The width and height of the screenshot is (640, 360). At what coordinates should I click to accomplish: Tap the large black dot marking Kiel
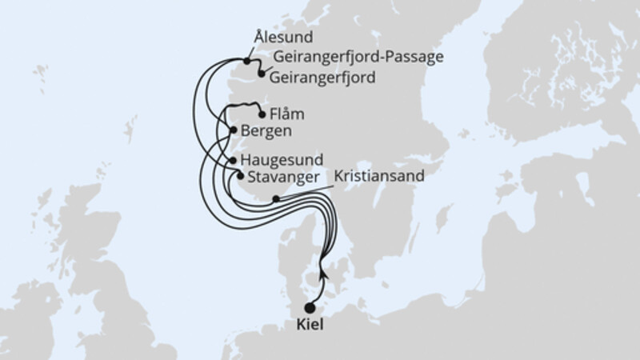click(x=310, y=308)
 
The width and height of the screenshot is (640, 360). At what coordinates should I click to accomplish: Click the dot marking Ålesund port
click(x=247, y=60)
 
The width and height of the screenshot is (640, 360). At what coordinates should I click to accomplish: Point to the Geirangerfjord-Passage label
click(x=358, y=57)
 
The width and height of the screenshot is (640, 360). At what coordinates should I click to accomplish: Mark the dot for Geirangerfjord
click(x=261, y=74)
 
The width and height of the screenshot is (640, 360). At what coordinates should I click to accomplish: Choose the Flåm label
click(x=288, y=114)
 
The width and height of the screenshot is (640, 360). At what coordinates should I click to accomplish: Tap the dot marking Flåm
click(x=262, y=114)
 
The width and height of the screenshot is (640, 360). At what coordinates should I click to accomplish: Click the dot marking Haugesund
click(x=233, y=161)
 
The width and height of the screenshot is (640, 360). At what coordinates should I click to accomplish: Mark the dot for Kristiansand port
click(x=276, y=199)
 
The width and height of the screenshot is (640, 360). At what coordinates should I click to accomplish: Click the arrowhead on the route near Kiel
click(x=322, y=270)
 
